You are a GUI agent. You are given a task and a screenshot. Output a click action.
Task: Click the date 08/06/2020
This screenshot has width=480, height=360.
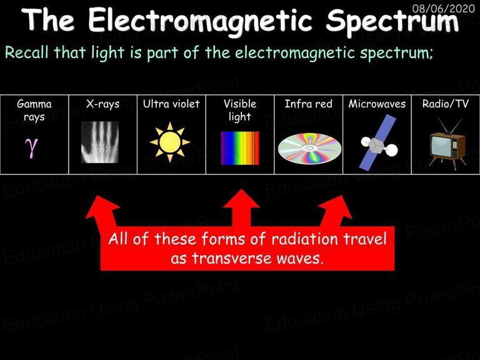(444, 8)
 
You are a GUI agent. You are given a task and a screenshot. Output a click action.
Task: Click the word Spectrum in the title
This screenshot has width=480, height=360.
(392, 21)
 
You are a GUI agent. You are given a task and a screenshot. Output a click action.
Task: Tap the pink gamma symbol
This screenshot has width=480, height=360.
(31, 147)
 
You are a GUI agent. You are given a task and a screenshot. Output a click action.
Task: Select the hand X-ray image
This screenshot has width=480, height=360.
(100, 142)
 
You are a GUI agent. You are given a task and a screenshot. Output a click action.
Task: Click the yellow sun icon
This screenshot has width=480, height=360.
(170, 142)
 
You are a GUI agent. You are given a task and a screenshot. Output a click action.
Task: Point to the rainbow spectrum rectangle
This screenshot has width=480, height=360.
(240, 148)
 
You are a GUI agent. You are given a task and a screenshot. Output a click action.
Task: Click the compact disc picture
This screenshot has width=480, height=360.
(309, 149)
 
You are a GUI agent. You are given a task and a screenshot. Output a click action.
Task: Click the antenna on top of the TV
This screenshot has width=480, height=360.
(449, 126)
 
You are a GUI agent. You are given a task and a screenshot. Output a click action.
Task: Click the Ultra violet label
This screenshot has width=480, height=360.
(171, 104)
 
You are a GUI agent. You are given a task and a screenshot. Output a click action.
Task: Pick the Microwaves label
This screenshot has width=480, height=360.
(377, 104)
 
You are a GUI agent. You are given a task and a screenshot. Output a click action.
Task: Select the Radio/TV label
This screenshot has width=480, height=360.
(446, 104)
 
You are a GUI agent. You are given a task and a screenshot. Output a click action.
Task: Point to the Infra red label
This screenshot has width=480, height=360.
(308, 104)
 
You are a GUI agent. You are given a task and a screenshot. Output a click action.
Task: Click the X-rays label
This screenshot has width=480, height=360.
(103, 104)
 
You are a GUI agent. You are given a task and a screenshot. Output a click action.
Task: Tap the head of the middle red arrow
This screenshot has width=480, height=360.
(241, 199)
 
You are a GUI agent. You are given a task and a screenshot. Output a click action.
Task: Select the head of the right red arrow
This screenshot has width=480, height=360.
(337, 206)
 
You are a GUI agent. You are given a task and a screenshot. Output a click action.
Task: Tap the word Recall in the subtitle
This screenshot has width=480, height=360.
(27, 52)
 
